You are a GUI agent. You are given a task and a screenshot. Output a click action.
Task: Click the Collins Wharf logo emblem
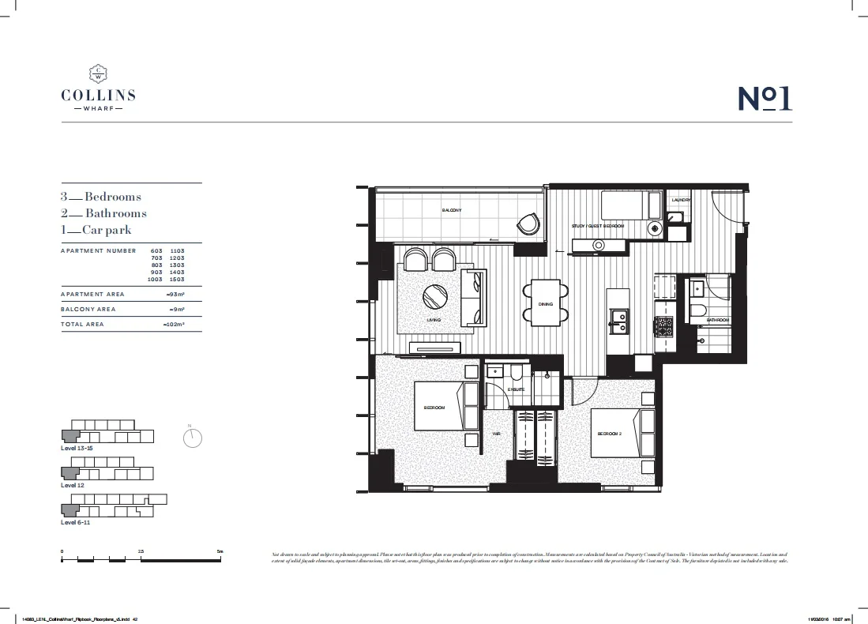98,73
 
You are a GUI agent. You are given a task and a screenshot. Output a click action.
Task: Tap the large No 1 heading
765,99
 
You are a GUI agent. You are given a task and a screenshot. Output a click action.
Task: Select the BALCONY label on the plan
452,210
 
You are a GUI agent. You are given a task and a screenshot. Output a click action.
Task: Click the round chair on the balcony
528,225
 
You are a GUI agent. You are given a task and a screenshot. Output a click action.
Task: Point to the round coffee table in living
435,297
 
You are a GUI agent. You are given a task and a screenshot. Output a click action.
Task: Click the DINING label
546,304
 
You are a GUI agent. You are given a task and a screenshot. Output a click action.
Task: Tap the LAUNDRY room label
681,201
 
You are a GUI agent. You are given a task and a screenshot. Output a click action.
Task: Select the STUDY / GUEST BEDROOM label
598,227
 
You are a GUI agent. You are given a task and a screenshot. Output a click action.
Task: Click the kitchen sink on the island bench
618,319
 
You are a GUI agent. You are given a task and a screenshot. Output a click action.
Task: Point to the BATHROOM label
718,320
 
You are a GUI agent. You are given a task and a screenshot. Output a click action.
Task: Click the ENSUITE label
517,389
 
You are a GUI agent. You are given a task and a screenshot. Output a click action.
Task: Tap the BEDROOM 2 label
611,434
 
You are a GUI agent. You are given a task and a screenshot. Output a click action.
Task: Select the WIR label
497,434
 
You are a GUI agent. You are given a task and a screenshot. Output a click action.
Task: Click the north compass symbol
193,438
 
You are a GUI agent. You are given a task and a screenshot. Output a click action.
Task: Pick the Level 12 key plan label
73,485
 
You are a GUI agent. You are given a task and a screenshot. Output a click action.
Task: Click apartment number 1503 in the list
177,280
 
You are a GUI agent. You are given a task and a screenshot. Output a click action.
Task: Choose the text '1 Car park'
96,230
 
